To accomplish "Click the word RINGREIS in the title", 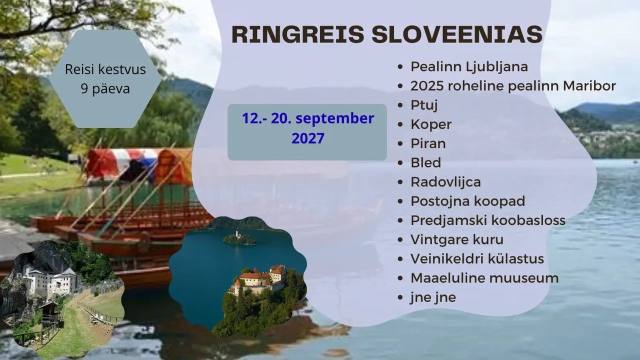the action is point(297,34).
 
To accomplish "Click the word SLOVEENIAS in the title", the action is point(457,34).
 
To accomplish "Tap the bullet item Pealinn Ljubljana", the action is point(469,67).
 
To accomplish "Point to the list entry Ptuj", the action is point(424,105).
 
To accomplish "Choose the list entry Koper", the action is point(431,125).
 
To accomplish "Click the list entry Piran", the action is point(428,143).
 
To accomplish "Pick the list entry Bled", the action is point(425,162).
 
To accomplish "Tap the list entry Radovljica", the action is point(445,182).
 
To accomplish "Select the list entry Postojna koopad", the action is point(467,201).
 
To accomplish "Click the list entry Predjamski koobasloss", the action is point(488,220).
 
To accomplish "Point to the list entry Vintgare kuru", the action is point(457,239).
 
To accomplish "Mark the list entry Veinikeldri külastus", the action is point(477,258).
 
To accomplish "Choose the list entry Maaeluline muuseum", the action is point(484,278).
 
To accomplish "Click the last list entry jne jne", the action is point(433,297).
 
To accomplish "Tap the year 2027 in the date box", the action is point(307,138).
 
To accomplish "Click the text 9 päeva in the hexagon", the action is point(105,89).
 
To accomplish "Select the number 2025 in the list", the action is point(427,85).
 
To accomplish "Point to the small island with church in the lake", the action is point(239,238).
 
